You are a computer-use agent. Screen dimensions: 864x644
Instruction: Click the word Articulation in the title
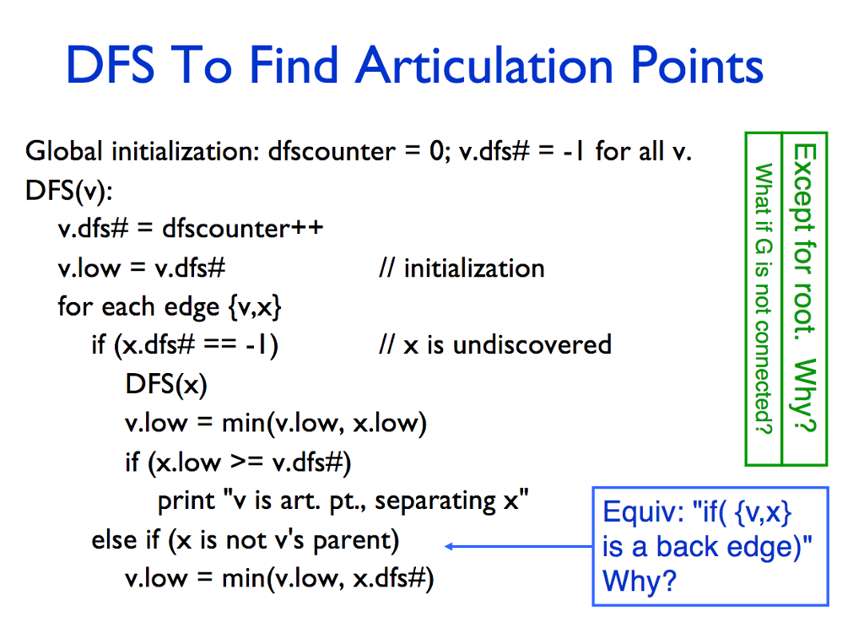pyautogui.click(x=484, y=65)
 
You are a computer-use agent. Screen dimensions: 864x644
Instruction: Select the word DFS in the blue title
pyautogui.click(x=111, y=65)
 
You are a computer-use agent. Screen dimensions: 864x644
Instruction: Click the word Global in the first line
pyautogui.click(x=64, y=151)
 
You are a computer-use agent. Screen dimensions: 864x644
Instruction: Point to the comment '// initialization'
pyautogui.click(x=462, y=268)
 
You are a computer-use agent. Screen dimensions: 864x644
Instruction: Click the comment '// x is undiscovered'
pyautogui.click(x=495, y=345)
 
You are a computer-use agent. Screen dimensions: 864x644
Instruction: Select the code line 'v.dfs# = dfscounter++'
pyautogui.click(x=191, y=228)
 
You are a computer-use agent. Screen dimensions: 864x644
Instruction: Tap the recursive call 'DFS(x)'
pyautogui.click(x=166, y=384)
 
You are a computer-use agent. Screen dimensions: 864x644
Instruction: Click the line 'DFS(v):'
pyautogui.click(x=69, y=191)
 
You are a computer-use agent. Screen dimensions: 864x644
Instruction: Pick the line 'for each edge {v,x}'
pyautogui.click(x=170, y=307)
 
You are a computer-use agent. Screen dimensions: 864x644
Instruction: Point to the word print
pyautogui.click(x=186, y=501)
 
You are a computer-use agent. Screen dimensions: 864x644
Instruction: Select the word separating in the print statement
pyautogui.click(x=435, y=501)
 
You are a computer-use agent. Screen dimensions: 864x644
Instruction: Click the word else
pyautogui.click(x=114, y=540)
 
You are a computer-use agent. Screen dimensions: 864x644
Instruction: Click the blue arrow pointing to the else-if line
pyautogui.click(x=519, y=546)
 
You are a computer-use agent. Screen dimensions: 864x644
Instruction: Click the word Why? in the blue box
pyautogui.click(x=640, y=581)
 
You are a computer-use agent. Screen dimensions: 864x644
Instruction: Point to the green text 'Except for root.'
pyautogui.click(x=804, y=241)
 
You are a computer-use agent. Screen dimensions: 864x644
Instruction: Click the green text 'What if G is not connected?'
pyautogui.click(x=763, y=299)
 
